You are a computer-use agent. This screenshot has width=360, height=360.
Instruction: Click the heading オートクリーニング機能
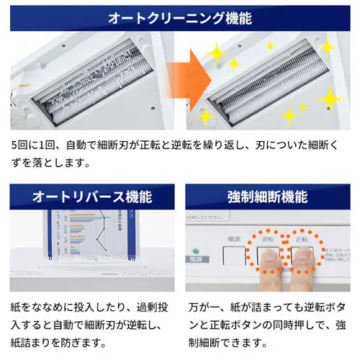pos(180,17)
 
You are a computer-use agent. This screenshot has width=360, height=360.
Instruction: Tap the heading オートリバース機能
pos(90,197)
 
